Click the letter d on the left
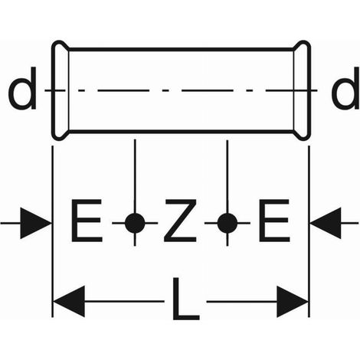pos(22,88)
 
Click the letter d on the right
pos(345,88)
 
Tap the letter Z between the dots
pos(180,221)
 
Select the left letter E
pos(87,221)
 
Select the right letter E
pos(274,221)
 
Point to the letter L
pos(185,299)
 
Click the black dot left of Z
pos(135,223)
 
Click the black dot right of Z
pos(227,223)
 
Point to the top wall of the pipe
pos(181,49)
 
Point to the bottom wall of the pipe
pos(181,132)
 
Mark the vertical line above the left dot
pos(135,176)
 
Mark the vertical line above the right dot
pos(227,177)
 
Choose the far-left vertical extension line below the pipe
pos(52,231)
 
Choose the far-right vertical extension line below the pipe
pos(309,231)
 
